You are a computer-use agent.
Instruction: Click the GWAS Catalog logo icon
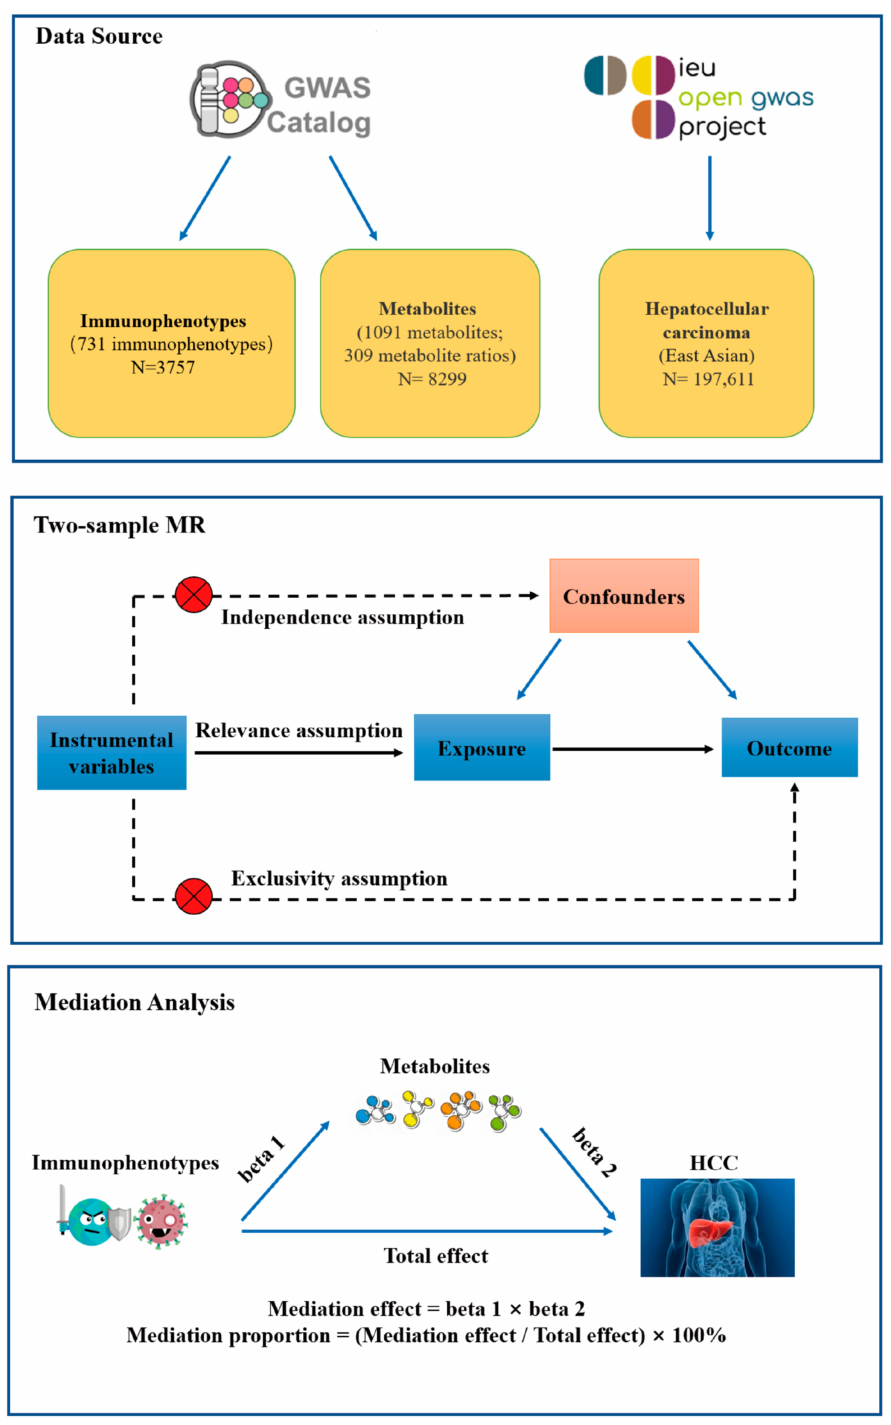230,99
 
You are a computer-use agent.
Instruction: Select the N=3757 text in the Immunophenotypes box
163,367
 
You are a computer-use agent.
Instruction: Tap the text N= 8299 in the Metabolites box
432,379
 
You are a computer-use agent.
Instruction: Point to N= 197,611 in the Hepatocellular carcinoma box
708,379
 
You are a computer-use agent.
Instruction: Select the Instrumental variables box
111,752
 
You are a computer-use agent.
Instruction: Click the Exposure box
481,747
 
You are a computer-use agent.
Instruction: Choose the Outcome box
789,747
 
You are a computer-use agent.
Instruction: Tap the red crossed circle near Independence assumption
193,595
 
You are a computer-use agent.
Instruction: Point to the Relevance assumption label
299,730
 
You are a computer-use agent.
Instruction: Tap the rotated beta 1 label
261,1159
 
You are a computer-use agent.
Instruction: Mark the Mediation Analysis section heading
134,1002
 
